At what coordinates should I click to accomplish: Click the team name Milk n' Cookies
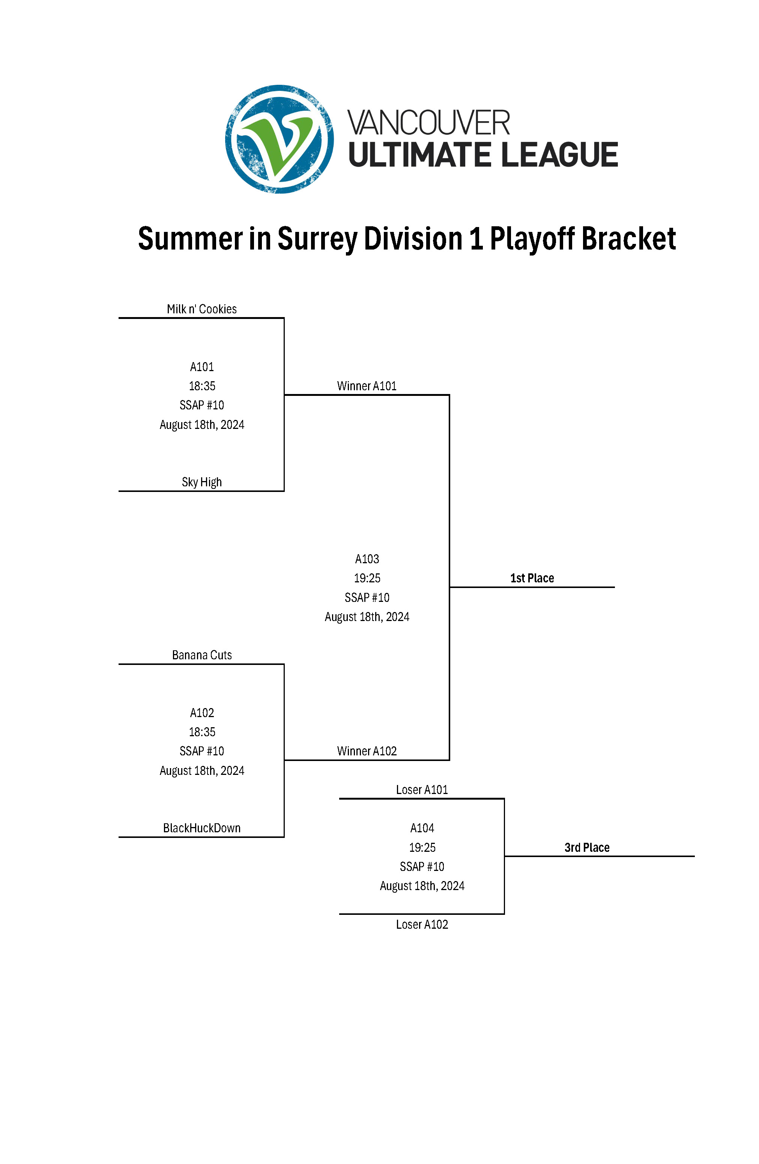click(201, 309)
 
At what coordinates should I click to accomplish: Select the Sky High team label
click(201, 482)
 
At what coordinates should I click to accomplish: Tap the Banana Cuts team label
click(201, 655)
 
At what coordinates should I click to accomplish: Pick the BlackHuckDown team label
click(201, 828)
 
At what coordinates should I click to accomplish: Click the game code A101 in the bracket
click(201, 367)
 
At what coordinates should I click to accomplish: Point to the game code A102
click(201, 713)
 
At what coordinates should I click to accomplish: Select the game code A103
click(367, 559)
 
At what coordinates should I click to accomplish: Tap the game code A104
click(422, 828)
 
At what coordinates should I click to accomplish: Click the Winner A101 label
click(367, 386)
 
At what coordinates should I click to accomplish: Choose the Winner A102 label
click(367, 751)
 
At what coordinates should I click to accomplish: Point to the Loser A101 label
click(422, 790)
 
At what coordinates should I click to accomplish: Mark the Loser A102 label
click(422, 924)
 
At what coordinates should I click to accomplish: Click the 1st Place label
click(532, 578)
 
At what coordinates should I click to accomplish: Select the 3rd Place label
click(587, 848)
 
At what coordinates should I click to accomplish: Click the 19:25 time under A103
click(367, 578)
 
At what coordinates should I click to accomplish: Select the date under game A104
click(422, 886)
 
